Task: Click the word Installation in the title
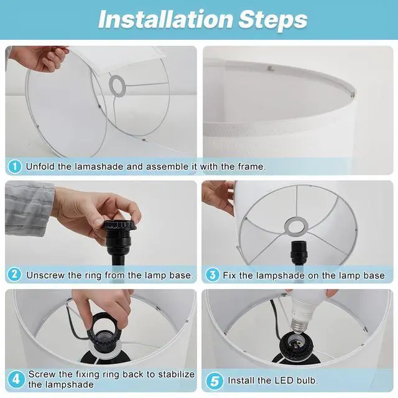(166, 19)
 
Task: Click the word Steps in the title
(273, 20)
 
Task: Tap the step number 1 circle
(14, 167)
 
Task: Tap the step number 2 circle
(14, 274)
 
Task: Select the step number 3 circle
(213, 275)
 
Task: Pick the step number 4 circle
(16, 379)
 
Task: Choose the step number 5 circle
(215, 381)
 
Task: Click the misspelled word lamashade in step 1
(99, 167)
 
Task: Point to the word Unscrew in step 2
(45, 275)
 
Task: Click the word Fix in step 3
(229, 275)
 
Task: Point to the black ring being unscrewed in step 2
(119, 226)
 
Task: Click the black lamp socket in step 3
(298, 253)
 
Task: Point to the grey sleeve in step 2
(29, 208)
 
